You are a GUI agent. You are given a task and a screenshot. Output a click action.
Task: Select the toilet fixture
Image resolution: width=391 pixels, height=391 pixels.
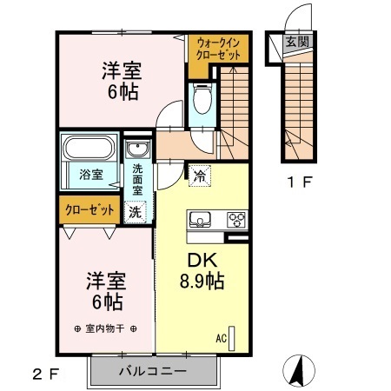(x=202, y=100)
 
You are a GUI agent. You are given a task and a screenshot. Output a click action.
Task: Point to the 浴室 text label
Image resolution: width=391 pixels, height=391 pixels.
(x=90, y=174)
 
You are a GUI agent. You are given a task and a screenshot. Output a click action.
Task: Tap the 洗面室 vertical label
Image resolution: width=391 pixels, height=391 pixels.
(x=137, y=178)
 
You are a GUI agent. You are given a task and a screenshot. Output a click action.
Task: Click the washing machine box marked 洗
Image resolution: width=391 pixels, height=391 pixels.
(x=136, y=210)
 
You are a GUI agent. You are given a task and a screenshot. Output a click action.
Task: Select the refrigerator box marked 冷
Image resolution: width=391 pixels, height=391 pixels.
(x=199, y=176)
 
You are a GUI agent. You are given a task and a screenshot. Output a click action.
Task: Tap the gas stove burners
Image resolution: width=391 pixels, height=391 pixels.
(x=235, y=220)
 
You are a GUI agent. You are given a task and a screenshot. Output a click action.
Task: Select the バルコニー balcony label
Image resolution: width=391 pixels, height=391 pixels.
(x=152, y=371)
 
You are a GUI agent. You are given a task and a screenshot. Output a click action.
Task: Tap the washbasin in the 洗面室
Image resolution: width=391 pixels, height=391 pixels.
(x=137, y=151)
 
